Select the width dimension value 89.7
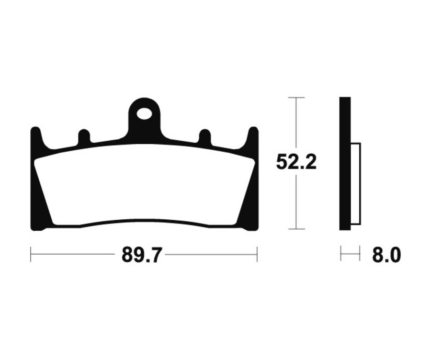[x=143, y=255]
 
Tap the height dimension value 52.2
[x=296, y=163]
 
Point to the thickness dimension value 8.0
[x=386, y=255]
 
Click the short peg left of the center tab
[x=84, y=136]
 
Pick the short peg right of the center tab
[x=204, y=136]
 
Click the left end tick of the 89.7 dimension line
[x=31, y=254]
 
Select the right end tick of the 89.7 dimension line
[x=257, y=254]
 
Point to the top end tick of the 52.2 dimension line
[x=296, y=98]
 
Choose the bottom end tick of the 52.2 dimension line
[x=296, y=229]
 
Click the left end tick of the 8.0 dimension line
[x=340, y=254]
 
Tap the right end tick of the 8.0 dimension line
[x=359, y=254]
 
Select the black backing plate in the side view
[x=345, y=163]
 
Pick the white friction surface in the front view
[x=144, y=187]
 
